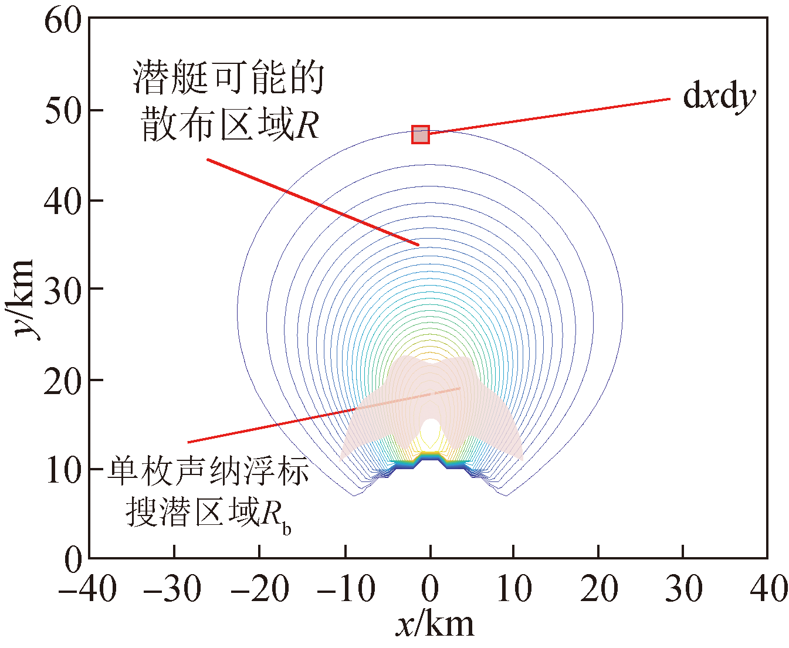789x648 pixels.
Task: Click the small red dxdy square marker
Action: tap(421, 135)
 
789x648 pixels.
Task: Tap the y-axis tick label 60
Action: tap(63, 21)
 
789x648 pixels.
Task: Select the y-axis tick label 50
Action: tap(63, 111)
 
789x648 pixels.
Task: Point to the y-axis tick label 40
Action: tap(63, 201)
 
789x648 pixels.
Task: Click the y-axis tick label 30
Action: tap(63, 290)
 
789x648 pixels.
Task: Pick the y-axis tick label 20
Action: tap(63, 380)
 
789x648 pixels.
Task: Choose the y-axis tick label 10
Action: tap(63, 470)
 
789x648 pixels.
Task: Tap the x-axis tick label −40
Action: tap(88, 588)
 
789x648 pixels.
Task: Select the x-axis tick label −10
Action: tap(345, 588)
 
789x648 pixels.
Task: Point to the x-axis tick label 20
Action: tap(599, 588)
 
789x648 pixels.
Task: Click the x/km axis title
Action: tap(435, 625)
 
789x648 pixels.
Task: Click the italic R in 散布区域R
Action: tap(307, 126)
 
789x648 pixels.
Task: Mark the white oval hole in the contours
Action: tap(431, 432)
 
